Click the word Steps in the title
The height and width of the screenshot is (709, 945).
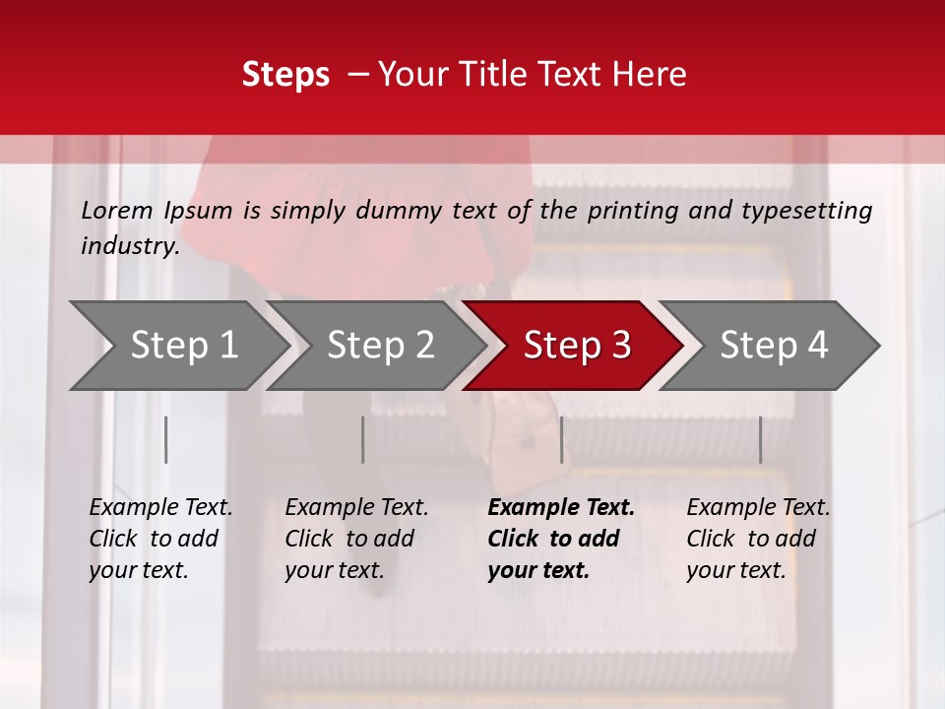pos(285,75)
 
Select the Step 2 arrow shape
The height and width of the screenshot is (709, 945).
pos(378,346)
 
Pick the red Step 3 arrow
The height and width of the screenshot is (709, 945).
pos(575,346)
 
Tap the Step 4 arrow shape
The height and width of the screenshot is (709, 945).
pos(772,346)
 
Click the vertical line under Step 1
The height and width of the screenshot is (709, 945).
pos(166,439)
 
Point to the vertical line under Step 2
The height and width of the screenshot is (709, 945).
pos(363,439)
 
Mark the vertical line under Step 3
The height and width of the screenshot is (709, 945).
pos(561,439)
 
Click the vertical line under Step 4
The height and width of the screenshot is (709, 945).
pos(760,439)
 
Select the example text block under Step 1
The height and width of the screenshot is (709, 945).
pos(160,539)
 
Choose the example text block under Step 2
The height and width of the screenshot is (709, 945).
pos(356,539)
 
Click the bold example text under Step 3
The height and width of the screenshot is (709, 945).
pos(561,539)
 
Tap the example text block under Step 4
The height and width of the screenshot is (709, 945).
pos(758,539)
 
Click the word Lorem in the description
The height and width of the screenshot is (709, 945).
pos(117,210)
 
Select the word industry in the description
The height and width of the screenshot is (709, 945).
pos(129,245)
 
